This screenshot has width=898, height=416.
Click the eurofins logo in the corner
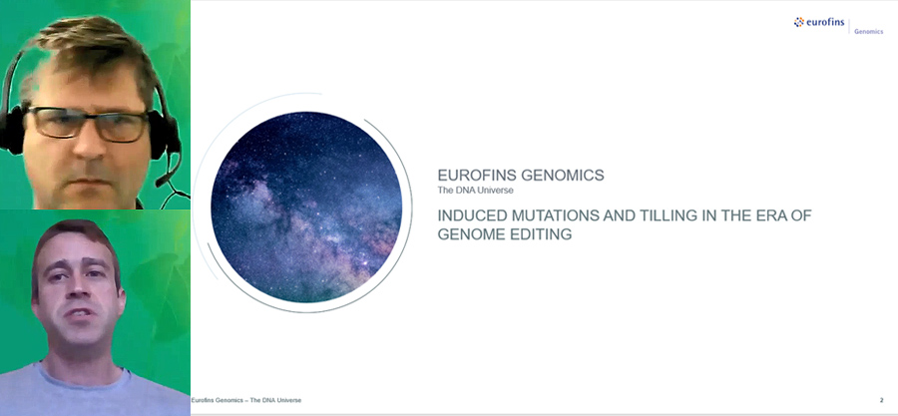818,23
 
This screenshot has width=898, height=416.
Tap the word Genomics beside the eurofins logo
868,32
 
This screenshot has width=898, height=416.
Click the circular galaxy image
306,207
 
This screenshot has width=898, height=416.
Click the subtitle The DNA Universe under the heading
475,191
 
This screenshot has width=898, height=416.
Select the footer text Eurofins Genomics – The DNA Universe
245,400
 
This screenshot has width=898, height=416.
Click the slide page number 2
881,400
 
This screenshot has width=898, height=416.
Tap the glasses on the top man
89,124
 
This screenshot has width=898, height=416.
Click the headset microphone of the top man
163,181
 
